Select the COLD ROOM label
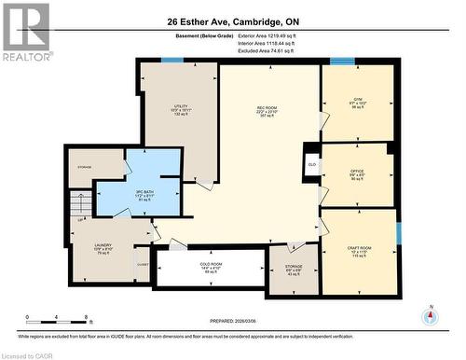(x=212, y=269)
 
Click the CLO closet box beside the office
(x=310, y=164)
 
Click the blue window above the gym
(x=342, y=62)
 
